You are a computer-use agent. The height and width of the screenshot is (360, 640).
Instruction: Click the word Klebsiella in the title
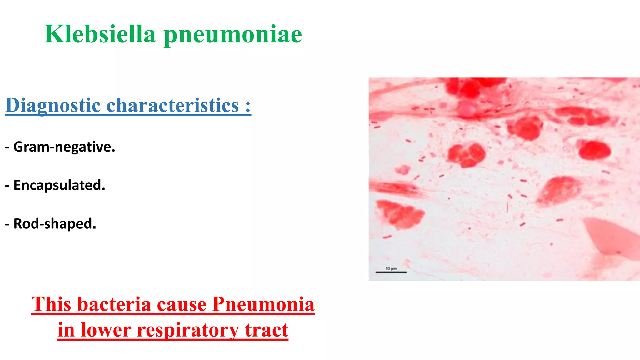click(100, 34)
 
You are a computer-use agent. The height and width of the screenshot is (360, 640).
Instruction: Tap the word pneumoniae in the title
click(233, 35)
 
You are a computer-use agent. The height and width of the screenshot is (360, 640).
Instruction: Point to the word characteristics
click(173, 105)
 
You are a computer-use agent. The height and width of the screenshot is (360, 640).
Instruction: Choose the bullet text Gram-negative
click(64, 147)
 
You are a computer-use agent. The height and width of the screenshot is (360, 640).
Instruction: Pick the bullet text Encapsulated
click(59, 185)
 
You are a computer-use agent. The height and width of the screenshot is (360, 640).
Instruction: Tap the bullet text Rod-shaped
click(55, 224)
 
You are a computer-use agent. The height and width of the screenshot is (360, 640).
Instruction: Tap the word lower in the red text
click(106, 330)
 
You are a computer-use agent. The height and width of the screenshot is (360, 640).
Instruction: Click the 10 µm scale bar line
click(391, 272)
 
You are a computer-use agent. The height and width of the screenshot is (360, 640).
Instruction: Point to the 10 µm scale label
click(391, 268)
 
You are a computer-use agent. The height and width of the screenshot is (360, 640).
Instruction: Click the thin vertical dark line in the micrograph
click(507, 207)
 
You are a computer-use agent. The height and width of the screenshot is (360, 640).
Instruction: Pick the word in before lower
click(66, 330)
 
